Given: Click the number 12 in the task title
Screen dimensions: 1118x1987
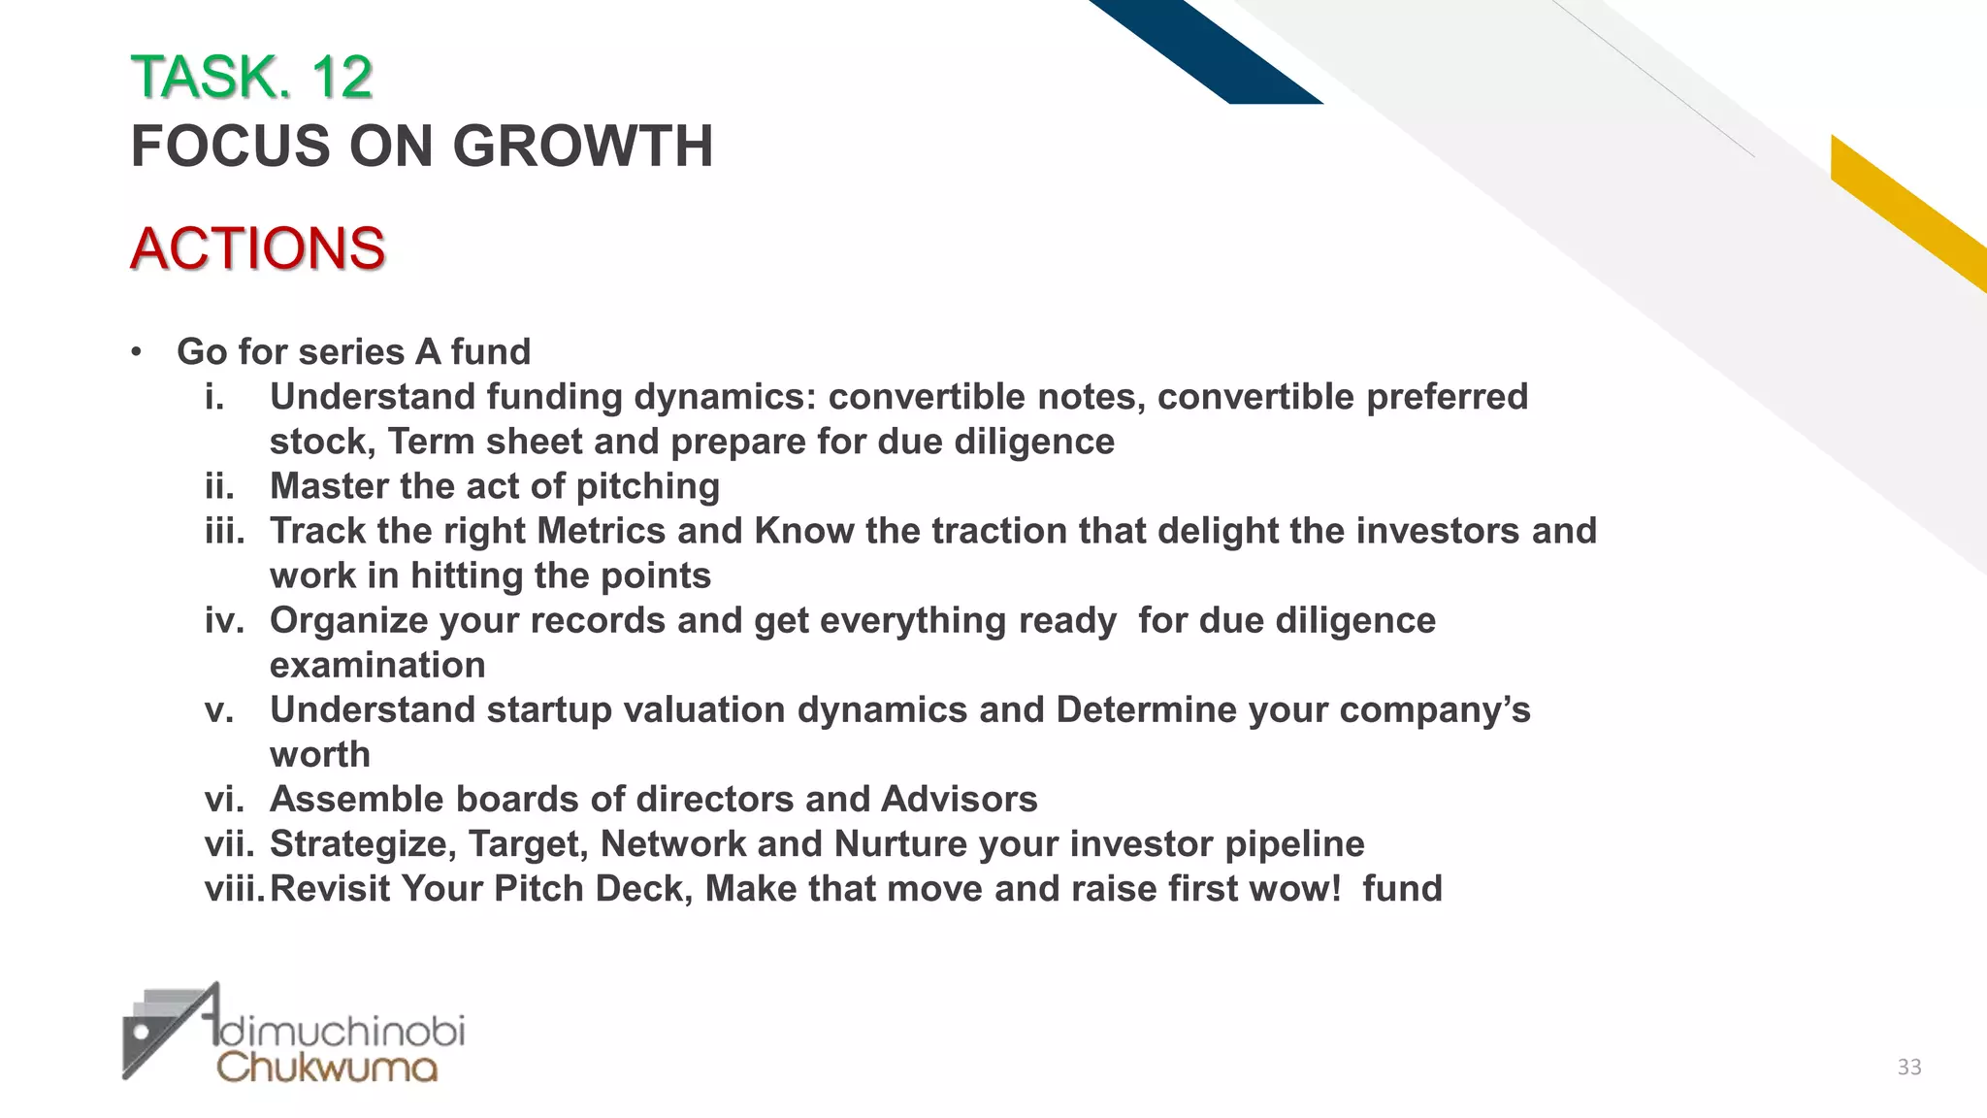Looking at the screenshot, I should pos(342,78).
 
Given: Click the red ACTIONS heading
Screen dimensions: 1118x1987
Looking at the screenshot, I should pos(258,248).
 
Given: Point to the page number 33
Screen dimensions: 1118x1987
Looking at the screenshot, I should pos(1908,1068).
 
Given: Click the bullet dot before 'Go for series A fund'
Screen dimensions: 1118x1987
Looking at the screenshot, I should pos(137,352).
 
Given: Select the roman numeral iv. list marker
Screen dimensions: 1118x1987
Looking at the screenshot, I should pos(224,620).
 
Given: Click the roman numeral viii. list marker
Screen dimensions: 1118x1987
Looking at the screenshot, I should pos(234,889).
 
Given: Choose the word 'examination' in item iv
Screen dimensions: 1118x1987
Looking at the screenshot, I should pos(377,666).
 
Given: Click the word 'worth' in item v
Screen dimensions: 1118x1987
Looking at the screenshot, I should pos(320,755).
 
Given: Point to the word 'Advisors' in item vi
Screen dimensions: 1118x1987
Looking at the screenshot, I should pos(959,800).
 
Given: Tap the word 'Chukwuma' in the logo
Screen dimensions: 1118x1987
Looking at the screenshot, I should pos(327,1068).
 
